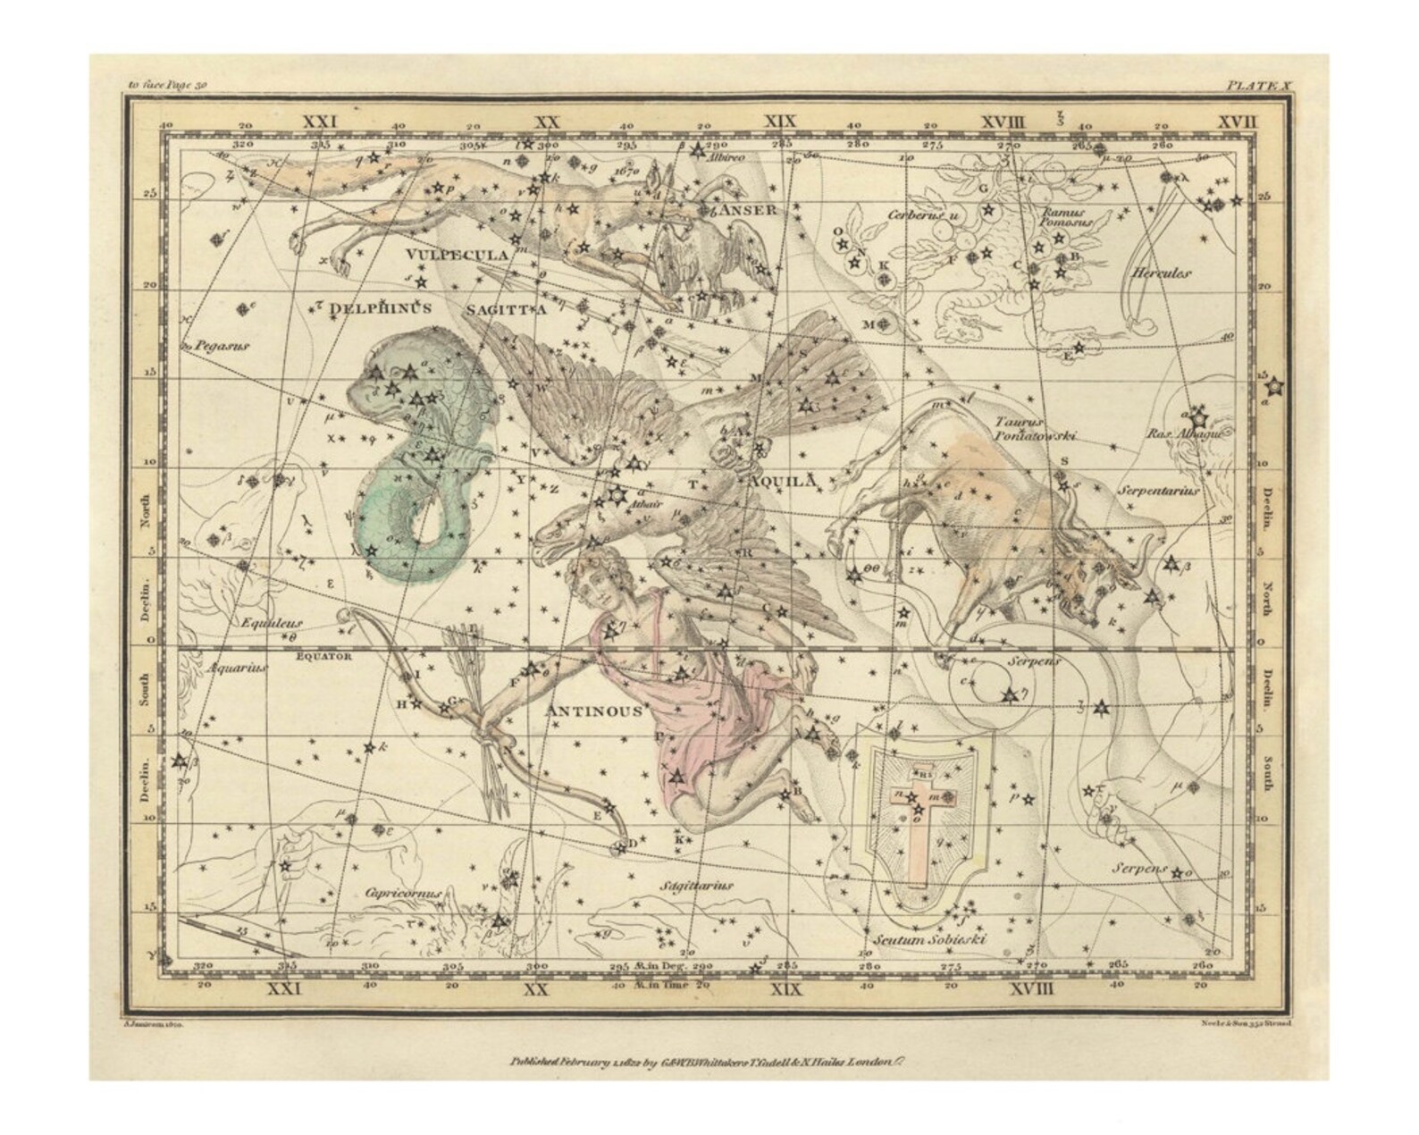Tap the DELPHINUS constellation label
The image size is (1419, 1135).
(x=381, y=307)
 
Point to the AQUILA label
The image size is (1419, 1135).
(x=783, y=481)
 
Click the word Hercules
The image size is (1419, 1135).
(x=1161, y=273)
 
